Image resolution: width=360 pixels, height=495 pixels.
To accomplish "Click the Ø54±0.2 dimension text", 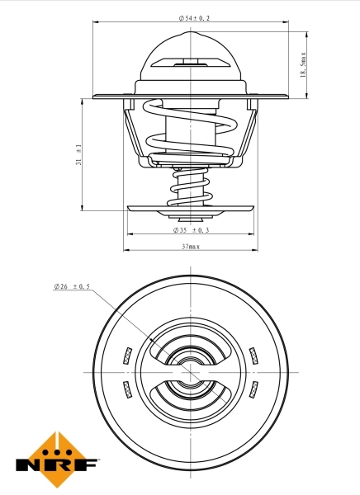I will tap(194, 17).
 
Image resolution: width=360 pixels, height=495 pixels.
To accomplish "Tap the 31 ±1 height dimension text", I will tap(79, 154).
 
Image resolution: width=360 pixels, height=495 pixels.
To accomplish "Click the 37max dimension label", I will tap(191, 246).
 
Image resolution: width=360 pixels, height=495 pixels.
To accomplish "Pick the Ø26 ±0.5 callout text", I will tap(72, 286).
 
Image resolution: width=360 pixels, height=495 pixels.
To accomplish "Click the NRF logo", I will tap(57, 460).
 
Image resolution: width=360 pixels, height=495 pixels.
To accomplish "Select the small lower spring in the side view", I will tap(190, 186).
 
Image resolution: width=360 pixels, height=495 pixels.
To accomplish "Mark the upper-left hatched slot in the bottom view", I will tap(127, 356).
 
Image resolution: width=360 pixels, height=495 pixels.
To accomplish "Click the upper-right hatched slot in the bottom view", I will tap(254, 356).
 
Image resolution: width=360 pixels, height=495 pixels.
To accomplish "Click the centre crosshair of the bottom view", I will tap(191, 372).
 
